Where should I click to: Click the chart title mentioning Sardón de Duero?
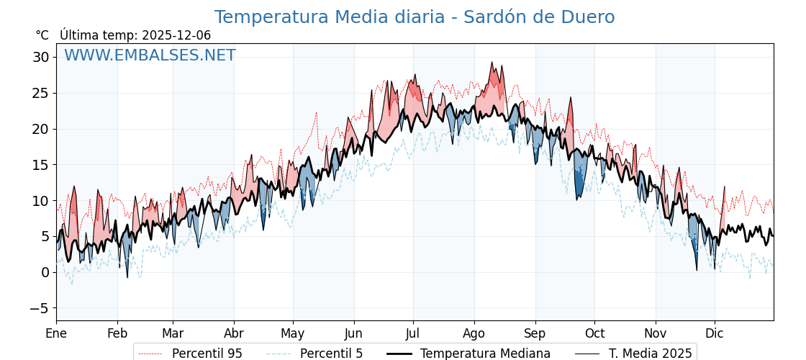click(x=415, y=17)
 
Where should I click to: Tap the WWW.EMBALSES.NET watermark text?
click(x=150, y=55)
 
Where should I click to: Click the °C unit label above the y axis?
click(x=42, y=35)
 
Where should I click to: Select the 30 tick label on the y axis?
click(x=40, y=57)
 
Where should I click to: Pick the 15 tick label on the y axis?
click(x=40, y=165)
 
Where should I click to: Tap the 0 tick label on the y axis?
click(x=45, y=272)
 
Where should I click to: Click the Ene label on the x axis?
click(x=56, y=333)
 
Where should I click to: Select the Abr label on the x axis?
click(x=234, y=333)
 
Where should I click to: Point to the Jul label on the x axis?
click(x=413, y=333)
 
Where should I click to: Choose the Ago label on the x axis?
click(x=474, y=333)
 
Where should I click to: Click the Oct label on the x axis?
click(x=594, y=333)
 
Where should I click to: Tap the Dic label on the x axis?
click(x=715, y=333)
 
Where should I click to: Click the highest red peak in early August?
click(x=493, y=63)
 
